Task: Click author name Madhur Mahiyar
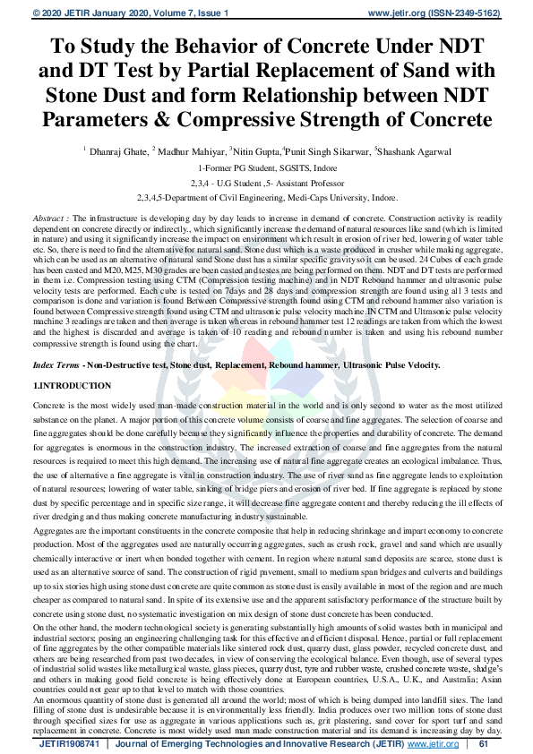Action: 192,150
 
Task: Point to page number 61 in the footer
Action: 484,743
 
